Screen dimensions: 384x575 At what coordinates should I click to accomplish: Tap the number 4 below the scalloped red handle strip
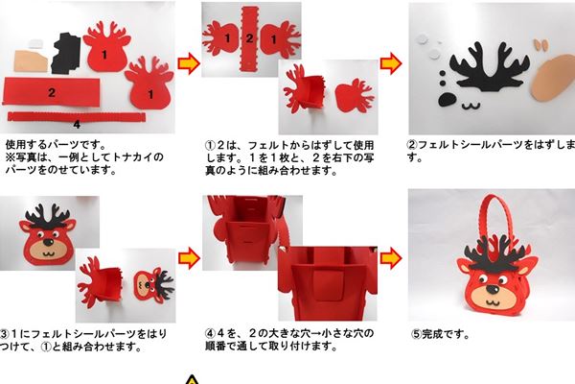click(76, 124)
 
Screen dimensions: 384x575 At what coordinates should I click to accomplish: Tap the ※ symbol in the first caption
click(11, 156)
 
